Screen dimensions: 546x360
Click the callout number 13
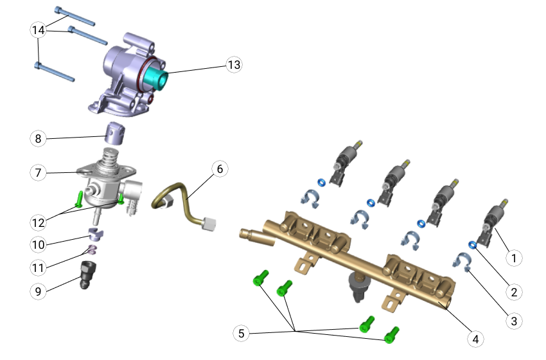click(x=234, y=65)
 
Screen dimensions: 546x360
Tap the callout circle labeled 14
click(x=39, y=30)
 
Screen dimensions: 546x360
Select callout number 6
click(x=220, y=169)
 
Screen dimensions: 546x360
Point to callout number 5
click(x=242, y=334)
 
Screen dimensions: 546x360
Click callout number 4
click(x=475, y=339)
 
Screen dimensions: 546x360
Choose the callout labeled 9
click(x=39, y=291)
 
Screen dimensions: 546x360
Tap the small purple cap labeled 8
click(x=114, y=133)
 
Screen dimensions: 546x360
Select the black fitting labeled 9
click(x=88, y=274)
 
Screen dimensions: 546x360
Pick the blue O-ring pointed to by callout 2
click(x=473, y=246)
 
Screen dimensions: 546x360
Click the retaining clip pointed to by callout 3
click(x=462, y=262)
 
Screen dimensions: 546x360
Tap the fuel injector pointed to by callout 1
click(x=493, y=223)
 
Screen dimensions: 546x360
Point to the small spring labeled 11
click(x=91, y=250)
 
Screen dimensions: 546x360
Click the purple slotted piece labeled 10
click(x=94, y=234)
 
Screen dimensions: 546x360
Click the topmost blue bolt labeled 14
click(x=75, y=16)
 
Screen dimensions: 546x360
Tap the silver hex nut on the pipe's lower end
click(x=208, y=224)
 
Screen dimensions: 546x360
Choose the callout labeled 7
click(x=39, y=172)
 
